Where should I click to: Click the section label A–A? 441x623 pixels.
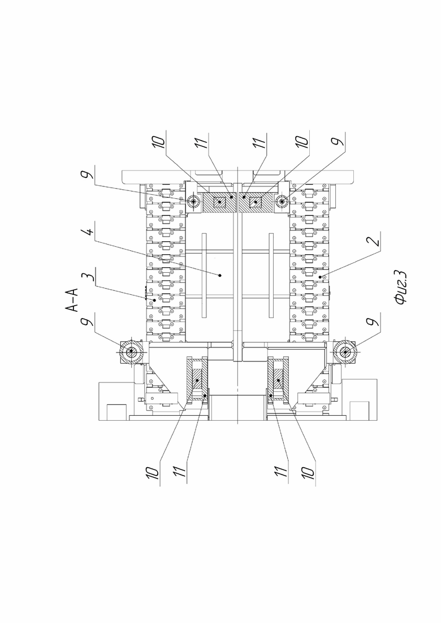(72, 299)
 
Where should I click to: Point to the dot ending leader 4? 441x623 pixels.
(220, 275)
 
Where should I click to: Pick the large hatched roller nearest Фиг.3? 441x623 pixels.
(344, 352)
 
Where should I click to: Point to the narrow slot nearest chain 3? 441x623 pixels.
(204, 275)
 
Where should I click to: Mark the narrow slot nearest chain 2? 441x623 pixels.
(271, 275)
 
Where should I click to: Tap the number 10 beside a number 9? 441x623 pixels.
(302, 142)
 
